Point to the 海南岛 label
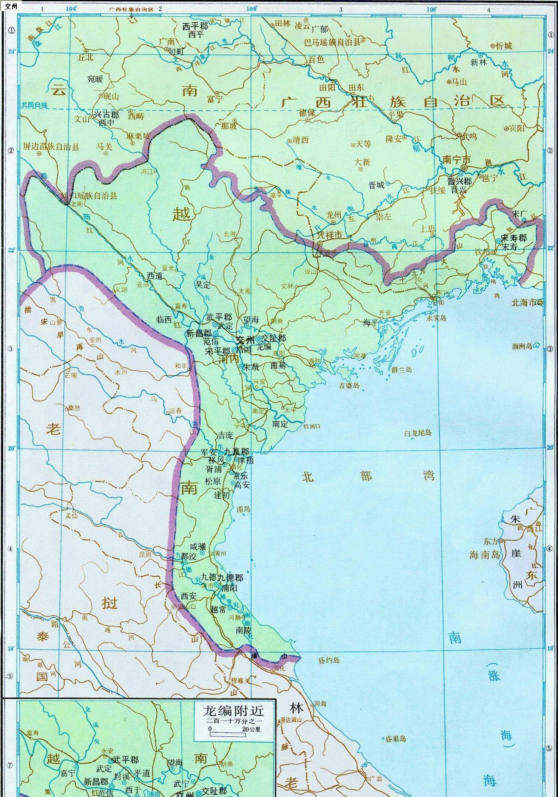(x=485, y=555)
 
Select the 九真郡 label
(x=236, y=451)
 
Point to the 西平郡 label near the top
(x=195, y=26)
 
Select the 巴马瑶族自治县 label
(x=332, y=42)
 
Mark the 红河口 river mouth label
(x=313, y=426)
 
